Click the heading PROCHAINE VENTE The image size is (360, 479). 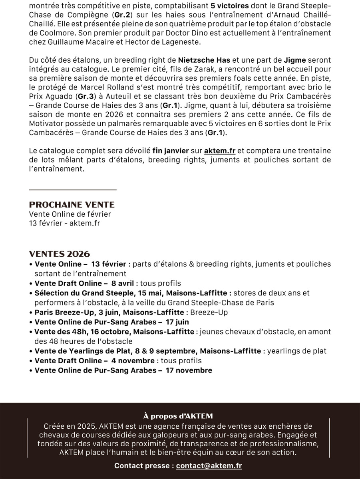pyautogui.click(x=72, y=205)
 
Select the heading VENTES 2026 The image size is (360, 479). pyautogui.click(x=60, y=254)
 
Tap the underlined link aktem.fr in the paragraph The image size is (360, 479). pyautogui.click(x=219, y=151)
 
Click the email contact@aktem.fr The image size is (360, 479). pyautogui.click(x=209, y=465)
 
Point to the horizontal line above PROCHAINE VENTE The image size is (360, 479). pyautogui.click(x=73, y=189)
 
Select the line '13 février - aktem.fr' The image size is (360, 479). pyautogui.click(x=64, y=223)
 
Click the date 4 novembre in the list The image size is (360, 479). pyautogui.click(x=133, y=361)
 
